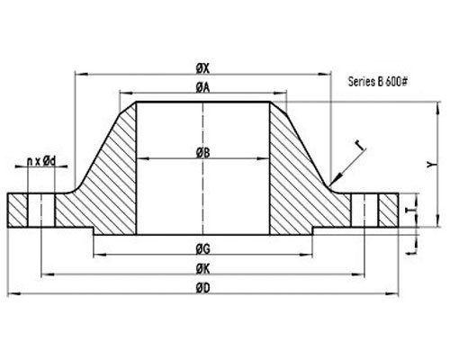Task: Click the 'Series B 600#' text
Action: point(379,80)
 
